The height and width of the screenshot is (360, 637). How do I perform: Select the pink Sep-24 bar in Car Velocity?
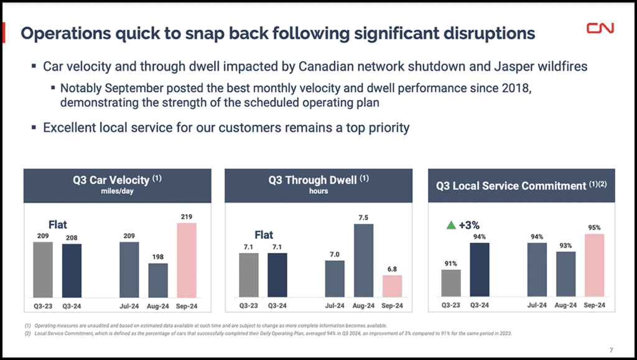187,260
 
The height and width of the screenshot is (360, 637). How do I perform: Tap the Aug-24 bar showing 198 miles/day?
158,280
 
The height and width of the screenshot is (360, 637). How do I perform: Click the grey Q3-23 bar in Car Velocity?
43,269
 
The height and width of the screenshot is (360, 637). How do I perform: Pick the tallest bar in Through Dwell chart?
363,261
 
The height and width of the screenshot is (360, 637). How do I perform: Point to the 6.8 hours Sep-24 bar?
392,285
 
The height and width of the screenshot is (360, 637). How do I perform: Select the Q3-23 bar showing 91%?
451,283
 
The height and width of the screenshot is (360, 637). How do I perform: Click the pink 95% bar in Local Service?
594,265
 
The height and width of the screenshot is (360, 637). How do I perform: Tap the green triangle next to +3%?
452,226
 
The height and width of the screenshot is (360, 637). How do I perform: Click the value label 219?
187,217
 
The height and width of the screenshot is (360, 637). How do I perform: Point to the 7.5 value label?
363,218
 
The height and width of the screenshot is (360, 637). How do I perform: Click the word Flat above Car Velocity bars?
58,224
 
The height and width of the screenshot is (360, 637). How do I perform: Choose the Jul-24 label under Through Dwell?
335,305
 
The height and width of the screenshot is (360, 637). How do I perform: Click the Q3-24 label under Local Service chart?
480,305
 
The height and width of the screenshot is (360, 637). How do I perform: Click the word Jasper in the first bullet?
500,66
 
